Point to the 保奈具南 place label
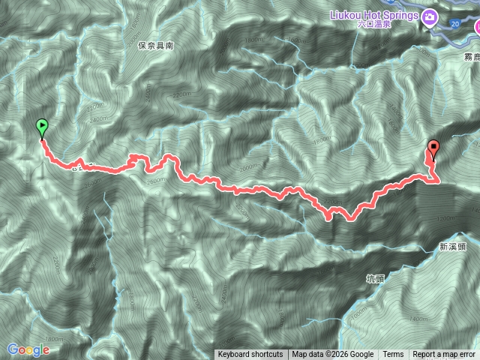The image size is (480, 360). coord(156,46)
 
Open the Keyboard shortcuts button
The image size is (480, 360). coord(250,355)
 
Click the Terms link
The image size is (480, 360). coord(393,355)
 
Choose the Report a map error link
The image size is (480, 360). coord(443,355)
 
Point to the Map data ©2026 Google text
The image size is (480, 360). coord(333,355)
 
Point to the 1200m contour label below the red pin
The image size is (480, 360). coord(445,218)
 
